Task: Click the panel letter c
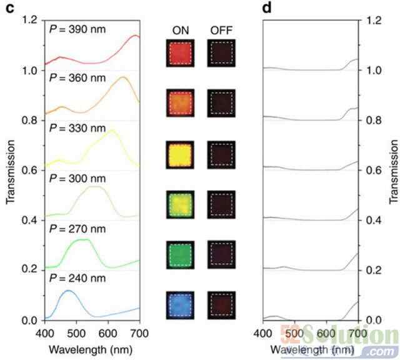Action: point(10,10)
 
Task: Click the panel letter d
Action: point(268,10)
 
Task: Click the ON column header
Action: point(180,31)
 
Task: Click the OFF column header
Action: point(221,31)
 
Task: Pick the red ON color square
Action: point(181,53)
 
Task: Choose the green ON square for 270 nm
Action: point(181,254)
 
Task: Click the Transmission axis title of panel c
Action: point(10,170)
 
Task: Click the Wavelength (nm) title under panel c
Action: point(92,346)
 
